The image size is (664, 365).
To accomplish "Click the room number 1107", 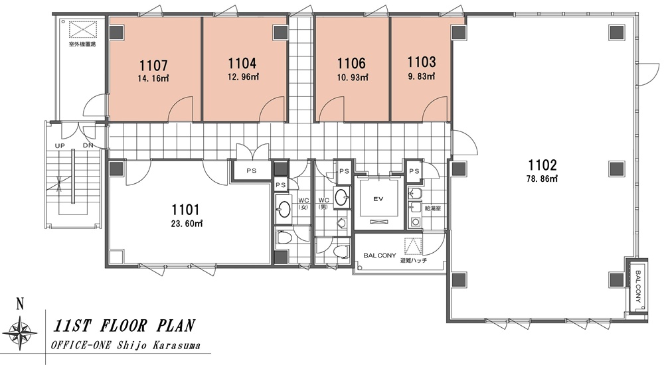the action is [x=153, y=66].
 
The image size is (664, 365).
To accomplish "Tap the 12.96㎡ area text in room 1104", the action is [x=242, y=77].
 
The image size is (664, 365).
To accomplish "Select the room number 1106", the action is [x=351, y=64].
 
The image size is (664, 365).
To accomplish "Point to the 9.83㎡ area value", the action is [x=422, y=76].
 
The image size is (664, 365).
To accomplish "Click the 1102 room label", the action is [x=542, y=165].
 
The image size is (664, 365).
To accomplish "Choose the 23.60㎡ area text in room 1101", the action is [x=187, y=223].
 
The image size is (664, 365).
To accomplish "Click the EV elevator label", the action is [x=378, y=198].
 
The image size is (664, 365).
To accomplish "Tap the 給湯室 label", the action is [x=433, y=209].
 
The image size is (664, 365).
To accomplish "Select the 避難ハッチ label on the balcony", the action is [x=413, y=260].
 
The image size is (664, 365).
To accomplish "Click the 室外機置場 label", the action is [x=82, y=44].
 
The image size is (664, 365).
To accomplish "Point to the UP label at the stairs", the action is [x=60, y=145].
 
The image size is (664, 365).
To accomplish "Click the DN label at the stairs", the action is [x=88, y=145].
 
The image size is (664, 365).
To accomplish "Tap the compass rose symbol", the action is [x=19, y=330].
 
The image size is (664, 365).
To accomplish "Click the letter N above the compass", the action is [x=19, y=303].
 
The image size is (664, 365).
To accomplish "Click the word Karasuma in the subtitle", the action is [x=179, y=345].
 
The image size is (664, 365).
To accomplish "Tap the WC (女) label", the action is [x=303, y=203].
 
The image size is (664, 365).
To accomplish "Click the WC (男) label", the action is [x=323, y=203].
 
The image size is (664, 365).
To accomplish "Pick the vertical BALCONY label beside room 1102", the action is [x=638, y=286].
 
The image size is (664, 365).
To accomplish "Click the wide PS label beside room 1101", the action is [x=251, y=171].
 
